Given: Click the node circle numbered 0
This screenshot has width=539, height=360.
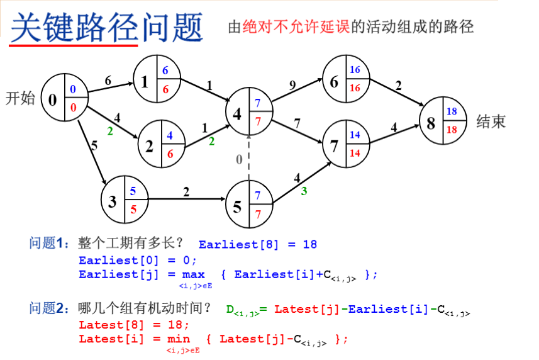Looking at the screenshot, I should click(x=64, y=99).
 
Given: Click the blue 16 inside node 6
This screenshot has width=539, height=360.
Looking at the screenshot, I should click(x=355, y=70).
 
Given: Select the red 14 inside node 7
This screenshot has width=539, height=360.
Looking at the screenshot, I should click(x=355, y=153).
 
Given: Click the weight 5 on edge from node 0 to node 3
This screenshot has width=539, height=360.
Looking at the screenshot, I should click(x=94, y=145).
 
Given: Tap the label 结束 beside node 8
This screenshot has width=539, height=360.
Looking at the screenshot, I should click(x=491, y=121).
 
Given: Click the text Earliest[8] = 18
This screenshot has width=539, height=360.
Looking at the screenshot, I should click(x=258, y=244).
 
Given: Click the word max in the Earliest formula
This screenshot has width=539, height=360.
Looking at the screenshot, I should click(x=194, y=275).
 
